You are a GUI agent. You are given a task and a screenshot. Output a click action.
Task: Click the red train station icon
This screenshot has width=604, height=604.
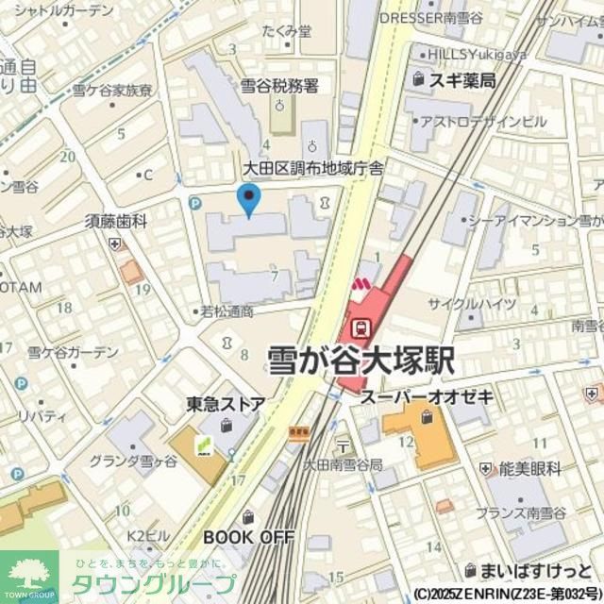(x=360, y=327)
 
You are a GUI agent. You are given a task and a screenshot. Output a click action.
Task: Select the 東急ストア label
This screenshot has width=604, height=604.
(x=226, y=404)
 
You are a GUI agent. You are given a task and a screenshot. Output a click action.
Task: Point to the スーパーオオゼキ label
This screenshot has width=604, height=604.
(x=426, y=397)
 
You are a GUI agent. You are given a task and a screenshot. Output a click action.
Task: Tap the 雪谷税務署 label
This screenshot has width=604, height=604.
(x=279, y=86)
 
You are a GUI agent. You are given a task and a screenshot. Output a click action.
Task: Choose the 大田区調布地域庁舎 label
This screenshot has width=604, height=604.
(x=300, y=169)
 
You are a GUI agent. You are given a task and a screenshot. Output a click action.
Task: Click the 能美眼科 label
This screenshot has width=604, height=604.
(x=529, y=468)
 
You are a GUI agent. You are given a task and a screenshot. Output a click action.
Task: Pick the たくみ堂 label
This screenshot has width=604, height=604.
(x=287, y=31)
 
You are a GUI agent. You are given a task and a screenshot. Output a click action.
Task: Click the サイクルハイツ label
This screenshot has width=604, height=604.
(x=485, y=304)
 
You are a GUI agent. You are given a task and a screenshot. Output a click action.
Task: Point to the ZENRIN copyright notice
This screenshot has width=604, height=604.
(x=506, y=595)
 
